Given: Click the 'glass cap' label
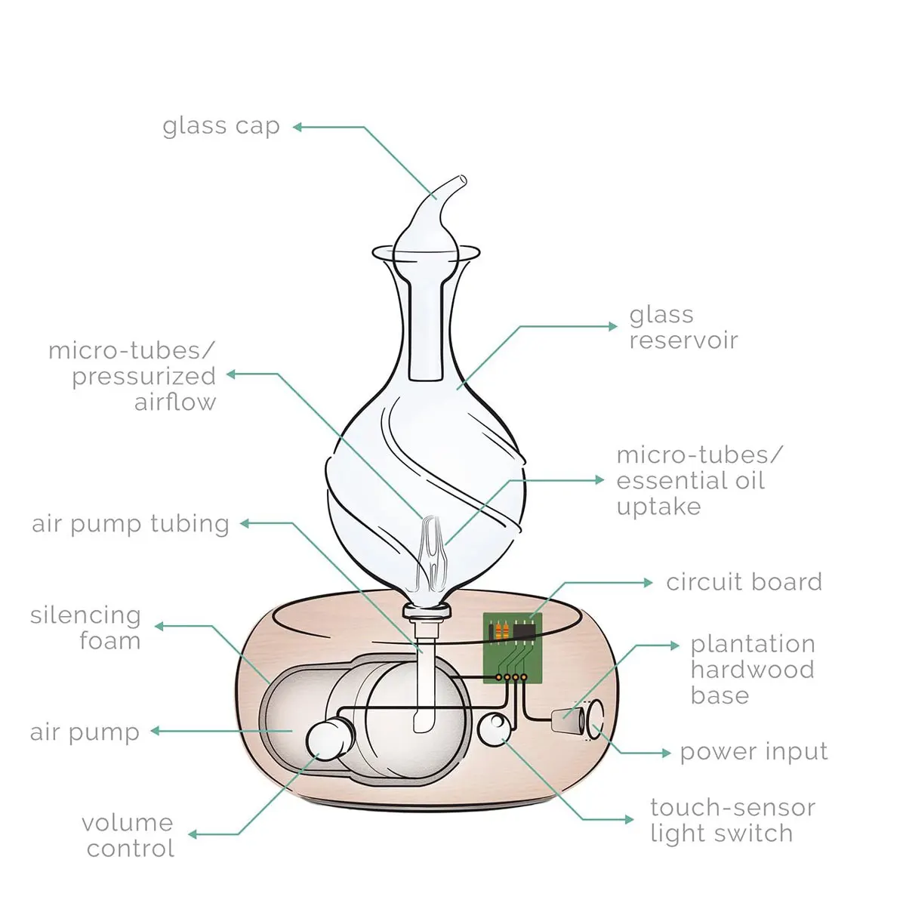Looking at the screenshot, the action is [221, 126].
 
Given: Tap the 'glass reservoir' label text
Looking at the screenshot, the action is [683, 327].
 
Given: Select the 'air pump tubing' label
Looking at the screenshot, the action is [131, 523].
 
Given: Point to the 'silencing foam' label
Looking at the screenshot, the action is [86, 628].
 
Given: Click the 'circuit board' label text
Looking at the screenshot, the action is [744, 582].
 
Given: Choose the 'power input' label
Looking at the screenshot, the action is [753, 752].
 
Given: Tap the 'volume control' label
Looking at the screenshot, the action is [128, 835].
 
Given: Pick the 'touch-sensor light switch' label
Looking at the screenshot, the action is [732, 820].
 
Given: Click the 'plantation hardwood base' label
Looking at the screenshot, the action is [753, 670].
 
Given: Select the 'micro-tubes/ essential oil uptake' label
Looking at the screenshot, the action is [699, 480].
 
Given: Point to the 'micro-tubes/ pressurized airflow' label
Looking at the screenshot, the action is [133, 376].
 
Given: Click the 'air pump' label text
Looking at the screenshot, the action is [85, 732].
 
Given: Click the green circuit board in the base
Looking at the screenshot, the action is [513, 647].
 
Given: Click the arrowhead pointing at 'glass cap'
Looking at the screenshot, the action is [297, 127].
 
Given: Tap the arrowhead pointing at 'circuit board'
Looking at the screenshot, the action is [649, 582].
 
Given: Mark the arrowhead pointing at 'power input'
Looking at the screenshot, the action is [666, 753].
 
